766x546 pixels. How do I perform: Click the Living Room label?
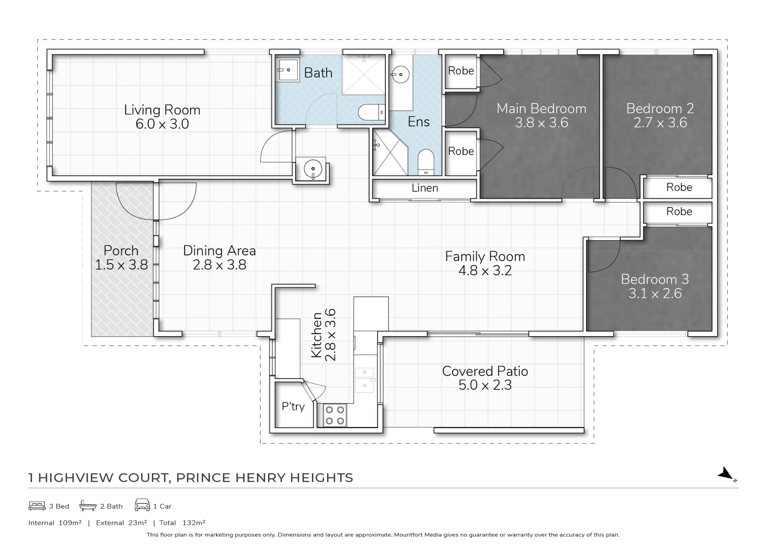coord(162,110)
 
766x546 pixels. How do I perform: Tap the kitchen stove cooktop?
coord(335,415)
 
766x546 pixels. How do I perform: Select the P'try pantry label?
coord(293,406)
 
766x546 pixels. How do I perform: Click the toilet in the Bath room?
coord(372,112)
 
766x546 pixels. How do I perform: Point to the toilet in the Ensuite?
coord(426,162)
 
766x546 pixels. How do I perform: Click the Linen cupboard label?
coord(425,188)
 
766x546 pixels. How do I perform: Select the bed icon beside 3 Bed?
coord(37,506)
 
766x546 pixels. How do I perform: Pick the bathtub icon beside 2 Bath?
coord(88,505)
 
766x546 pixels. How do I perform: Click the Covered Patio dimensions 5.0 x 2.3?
coord(485,385)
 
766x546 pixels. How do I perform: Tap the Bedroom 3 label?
coord(655,279)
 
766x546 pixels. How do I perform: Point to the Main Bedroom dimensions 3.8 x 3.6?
coord(541,123)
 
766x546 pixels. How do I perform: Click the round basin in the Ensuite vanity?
coord(401,75)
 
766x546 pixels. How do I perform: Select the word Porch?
coord(121,250)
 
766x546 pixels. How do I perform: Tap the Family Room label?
coord(485,256)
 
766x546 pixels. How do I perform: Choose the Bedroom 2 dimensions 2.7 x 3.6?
coord(660,123)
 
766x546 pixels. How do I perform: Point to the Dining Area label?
coord(219,250)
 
